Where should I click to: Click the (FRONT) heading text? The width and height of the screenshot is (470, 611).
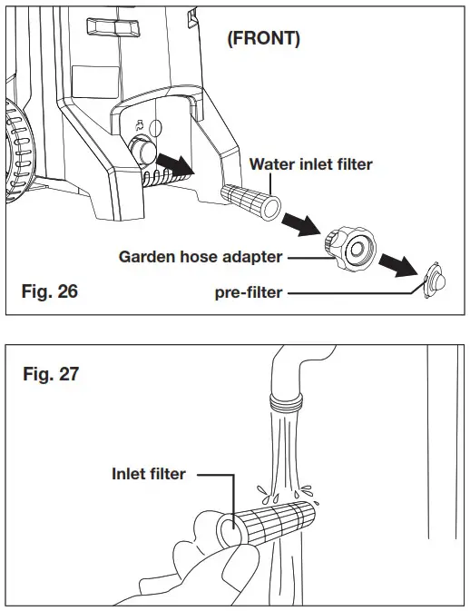coord(262,41)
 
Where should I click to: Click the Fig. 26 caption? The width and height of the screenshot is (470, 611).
coord(51,291)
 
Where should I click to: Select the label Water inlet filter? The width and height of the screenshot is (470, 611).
coord(311,164)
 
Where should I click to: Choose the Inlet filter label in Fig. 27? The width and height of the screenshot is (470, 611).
coord(150,473)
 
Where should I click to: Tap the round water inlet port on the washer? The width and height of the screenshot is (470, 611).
coord(143,149)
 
